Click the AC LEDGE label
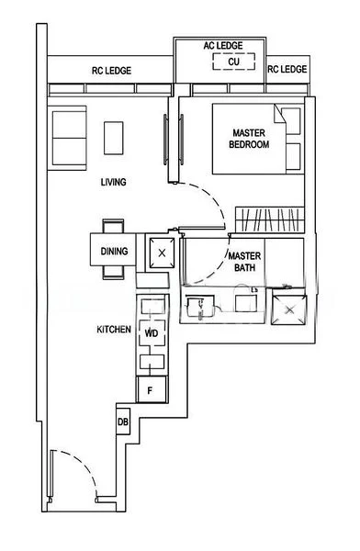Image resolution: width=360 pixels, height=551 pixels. (x=224, y=45)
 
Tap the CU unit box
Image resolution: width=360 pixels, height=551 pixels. (x=234, y=62)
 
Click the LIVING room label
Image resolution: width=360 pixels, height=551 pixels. (x=113, y=183)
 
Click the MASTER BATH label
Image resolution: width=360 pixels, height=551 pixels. (x=245, y=262)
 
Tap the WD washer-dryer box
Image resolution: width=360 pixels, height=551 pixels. (x=151, y=332)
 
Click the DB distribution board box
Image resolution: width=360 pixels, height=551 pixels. (x=123, y=422)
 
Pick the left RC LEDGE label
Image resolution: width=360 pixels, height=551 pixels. (x=110, y=71)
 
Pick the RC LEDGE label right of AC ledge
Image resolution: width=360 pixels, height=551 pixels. (x=287, y=70)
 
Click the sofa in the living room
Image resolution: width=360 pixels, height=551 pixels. (x=68, y=136)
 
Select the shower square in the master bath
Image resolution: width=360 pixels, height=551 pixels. (x=291, y=309)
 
